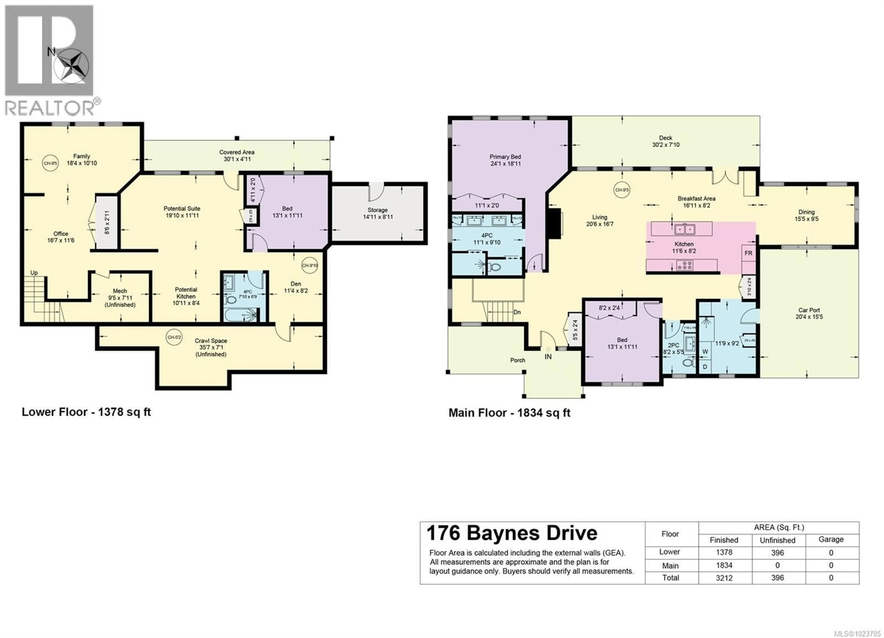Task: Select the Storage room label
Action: [377, 213]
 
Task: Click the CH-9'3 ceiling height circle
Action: [622, 190]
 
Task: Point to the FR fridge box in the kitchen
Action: [748, 253]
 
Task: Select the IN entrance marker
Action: [548, 357]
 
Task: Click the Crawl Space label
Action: [211, 347]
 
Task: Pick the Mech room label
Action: [120, 298]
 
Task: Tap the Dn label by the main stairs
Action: [517, 312]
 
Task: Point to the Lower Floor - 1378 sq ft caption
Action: [86, 412]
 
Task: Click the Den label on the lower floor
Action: [296, 287]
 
